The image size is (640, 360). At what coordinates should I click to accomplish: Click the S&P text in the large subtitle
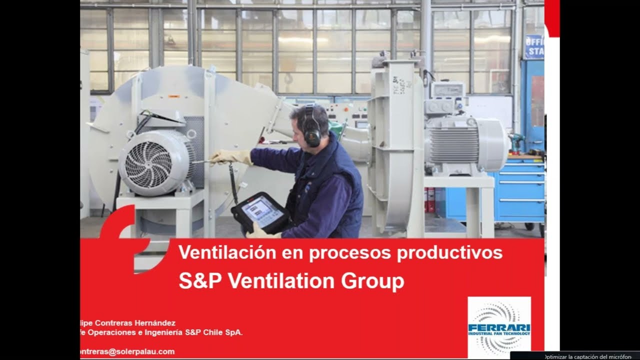point(199,281)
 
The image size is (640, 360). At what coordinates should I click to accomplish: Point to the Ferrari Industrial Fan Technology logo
point(499,326)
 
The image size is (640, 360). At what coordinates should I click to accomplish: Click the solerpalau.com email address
point(127,351)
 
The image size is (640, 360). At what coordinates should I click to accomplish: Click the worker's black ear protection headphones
point(312,131)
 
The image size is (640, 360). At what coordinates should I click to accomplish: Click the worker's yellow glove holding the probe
point(232,157)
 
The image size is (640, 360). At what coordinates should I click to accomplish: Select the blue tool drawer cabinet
point(520,190)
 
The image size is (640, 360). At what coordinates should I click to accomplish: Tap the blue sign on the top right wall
point(534,46)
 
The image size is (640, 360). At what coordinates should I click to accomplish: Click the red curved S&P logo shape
point(122,235)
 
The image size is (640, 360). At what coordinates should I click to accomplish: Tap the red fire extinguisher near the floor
point(428,200)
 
